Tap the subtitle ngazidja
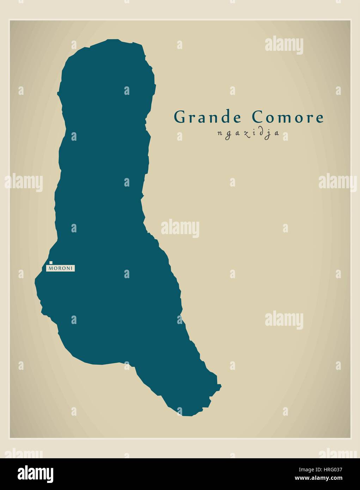click(248, 134)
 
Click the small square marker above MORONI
click(51, 262)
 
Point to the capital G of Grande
click(180, 117)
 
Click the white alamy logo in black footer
click(36, 473)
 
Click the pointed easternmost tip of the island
click(221, 386)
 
